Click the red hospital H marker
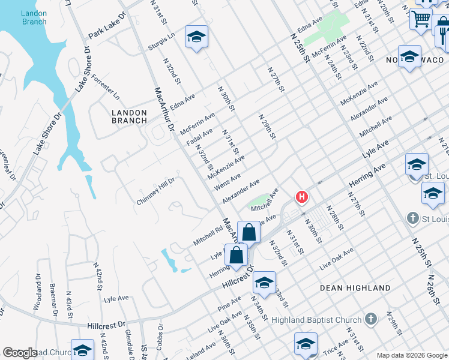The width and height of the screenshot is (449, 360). tap(302, 197)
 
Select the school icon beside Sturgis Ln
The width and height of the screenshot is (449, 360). tap(196, 37)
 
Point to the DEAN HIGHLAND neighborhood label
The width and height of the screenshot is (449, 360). tap(355, 288)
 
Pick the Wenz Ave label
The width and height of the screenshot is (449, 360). tap(228, 181)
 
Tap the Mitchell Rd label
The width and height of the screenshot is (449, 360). tap(208, 236)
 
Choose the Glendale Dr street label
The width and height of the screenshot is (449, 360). tap(130, 347)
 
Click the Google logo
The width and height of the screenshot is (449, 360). tap(20, 353)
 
